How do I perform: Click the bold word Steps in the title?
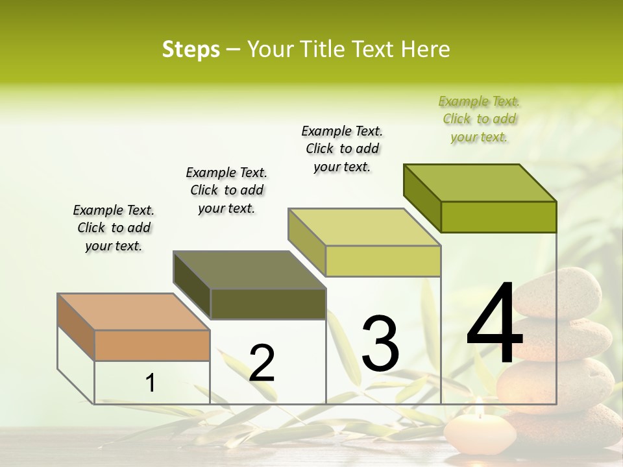tap(191, 49)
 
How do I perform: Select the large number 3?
tap(380, 344)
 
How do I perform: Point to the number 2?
tap(262, 363)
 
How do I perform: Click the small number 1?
tap(151, 383)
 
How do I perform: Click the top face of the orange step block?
tap(134, 312)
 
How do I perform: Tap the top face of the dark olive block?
tap(249, 269)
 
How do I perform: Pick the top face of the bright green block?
tap(480, 183)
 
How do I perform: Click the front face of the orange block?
tap(152, 345)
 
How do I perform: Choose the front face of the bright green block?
tap(498, 217)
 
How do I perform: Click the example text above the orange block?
tap(114, 228)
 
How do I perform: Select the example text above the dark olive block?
tap(226, 191)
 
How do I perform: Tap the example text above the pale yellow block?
tap(342, 149)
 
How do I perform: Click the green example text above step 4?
tap(479, 119)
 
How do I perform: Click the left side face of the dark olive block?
tap(192, 285)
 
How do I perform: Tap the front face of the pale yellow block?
tap(383, 261)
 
